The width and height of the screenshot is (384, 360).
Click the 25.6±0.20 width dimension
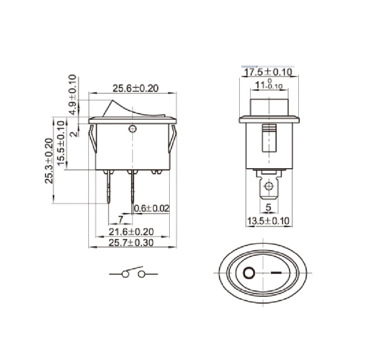135,88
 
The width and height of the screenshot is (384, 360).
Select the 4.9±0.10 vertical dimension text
73,95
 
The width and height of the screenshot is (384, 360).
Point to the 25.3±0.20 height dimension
49,161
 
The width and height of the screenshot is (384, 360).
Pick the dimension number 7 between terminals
120,219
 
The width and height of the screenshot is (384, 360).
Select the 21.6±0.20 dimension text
131,232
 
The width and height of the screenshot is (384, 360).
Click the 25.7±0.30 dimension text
131,243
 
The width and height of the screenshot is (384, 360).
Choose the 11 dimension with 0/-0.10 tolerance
268,84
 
